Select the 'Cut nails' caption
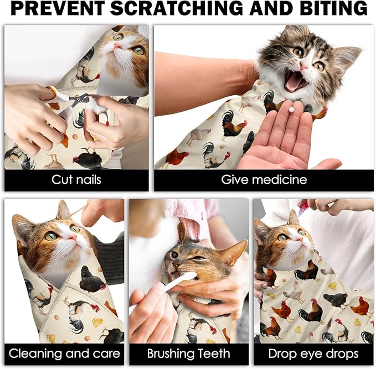pyautogui.click(x=76, y=180)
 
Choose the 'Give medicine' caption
pyautogui.click(x=264, y=180)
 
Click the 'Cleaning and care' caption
pyautogui.click(x=64, y=354)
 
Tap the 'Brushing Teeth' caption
pyautogui.click(x=189, y=354)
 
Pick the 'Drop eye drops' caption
pyautogui.click(x=313, y=354)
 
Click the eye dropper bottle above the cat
pyautogui.click(x=303, y=207)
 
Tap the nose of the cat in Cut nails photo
pyautogui.click(x=117, y=47)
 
